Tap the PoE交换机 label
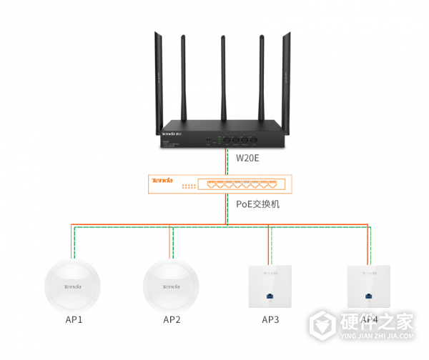tap(258, 204)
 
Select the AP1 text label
tap(74, 319)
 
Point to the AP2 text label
tap(172, 319)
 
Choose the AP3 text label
tap(270, 319)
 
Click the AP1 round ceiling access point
tap(72, 285)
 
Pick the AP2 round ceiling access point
tap(171, 285)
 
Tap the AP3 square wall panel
tap(270, 285)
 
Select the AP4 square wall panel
tap(368, 285)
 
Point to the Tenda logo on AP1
tap(72, 287)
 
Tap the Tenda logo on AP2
tap(171, 287)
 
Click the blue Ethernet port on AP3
tap(270, 295)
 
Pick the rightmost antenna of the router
tap(289, 79)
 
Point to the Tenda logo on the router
tap(170, 135)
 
